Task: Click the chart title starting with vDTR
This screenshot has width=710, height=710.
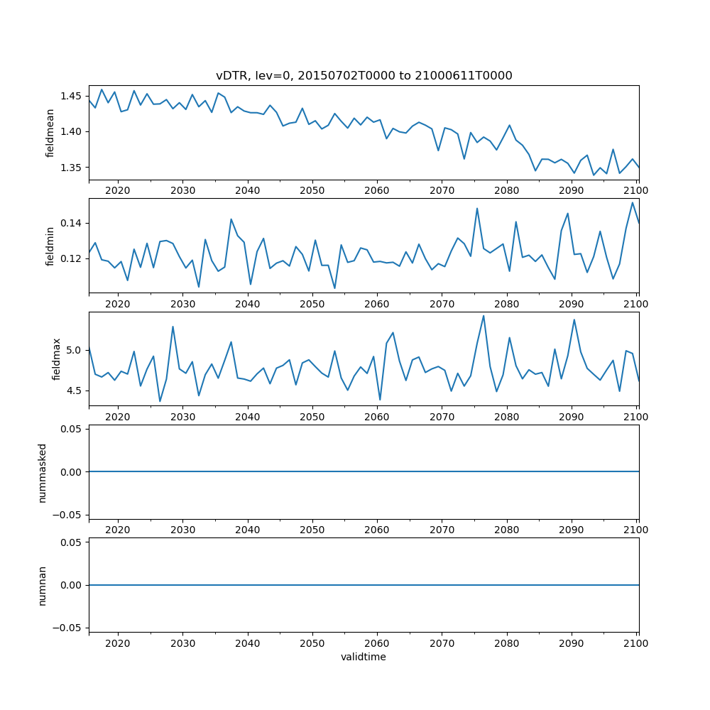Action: (x=364, y=75)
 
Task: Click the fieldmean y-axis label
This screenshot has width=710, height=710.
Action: (x=50, y=133)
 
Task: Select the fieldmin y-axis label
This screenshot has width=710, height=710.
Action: (x=50, y=246)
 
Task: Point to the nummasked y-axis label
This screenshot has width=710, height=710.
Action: (x=42, y=471)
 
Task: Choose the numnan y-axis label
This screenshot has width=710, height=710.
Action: (x=42, y=585)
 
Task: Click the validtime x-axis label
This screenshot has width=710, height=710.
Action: (x=364, y=657)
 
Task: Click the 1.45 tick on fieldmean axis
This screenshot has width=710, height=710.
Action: (x=72, y=96)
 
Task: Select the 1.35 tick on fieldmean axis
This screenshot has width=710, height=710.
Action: (x=72, y=168)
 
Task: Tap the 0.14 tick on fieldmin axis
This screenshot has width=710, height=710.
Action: (x=72, y=223)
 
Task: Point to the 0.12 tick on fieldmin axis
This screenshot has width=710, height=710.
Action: (x=72, y=258)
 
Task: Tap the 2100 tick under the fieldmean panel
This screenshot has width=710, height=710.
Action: (x=636, y=191)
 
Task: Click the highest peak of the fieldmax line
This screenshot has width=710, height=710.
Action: (x=484, y=316)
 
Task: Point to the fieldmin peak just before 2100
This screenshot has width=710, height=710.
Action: (x=632, y=203)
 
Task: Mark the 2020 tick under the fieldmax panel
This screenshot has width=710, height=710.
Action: (x=117, y=417)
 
